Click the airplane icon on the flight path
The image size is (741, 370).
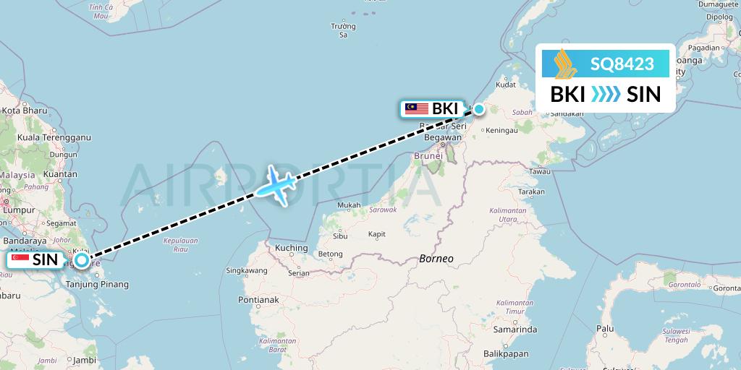tap(275, 185)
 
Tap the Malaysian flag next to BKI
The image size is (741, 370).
tap(416, 109)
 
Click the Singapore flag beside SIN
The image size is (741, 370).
tap(20, 259)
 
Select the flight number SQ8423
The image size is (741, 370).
tap(622, 64)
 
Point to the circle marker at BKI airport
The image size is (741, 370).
tap(478, 110)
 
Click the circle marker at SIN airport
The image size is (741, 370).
tap(82, 260)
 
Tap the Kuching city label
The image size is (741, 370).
tap(292, 249)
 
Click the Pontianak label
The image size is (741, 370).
tap(258, 299)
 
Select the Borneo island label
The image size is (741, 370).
tap(436, 258)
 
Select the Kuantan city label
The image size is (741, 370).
tap(61, 174)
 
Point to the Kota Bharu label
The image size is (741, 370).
tap(25, 111)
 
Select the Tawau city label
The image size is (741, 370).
tap(540, 171)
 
